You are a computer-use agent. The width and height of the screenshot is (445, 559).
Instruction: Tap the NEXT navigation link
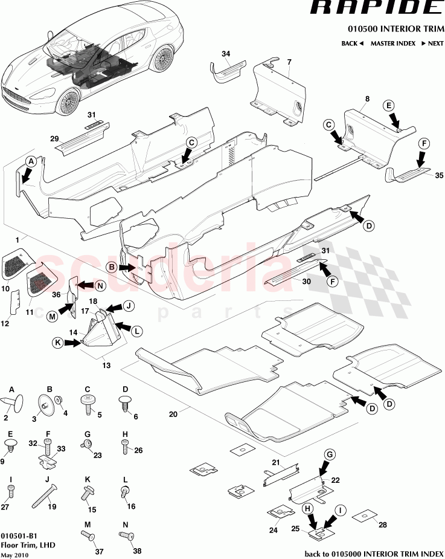point(432,44)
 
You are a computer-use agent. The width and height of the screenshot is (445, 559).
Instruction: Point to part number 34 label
point(226,54)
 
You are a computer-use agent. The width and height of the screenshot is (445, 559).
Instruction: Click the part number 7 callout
point(289,62)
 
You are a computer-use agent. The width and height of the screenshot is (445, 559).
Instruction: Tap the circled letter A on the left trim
point(31,162)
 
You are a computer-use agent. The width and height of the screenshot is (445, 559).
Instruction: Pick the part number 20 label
point(173,414)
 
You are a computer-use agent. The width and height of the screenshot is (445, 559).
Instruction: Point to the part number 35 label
point(438,176)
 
